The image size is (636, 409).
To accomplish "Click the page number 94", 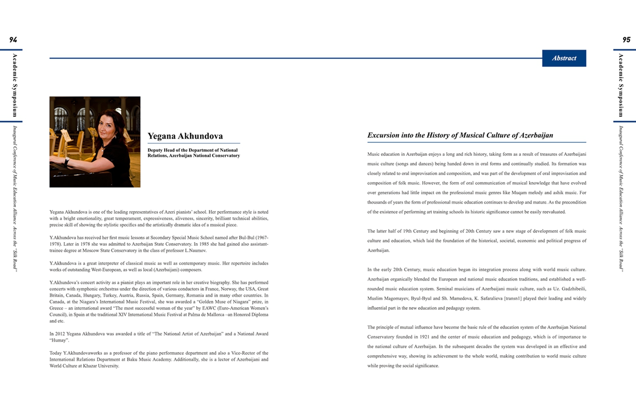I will pyautogui.click(x=13, y=40).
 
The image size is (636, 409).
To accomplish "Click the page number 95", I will pyautogui.click(x=626, y=40).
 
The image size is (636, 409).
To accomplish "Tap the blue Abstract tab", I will pyautogui.click(x=564, y=58).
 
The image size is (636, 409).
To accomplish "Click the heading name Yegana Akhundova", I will pyautogui.click(x=185, y=136).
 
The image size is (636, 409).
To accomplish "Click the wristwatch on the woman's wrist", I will pyautogui.click(x=67, y=162).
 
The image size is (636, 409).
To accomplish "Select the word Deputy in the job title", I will pyautogui.click(x=155, y=150).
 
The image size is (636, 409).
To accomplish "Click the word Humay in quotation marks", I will pyautogui.click(x=59, y=340).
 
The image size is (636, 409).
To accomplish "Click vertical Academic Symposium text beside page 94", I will pyautogui.click(x=15, y=85).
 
